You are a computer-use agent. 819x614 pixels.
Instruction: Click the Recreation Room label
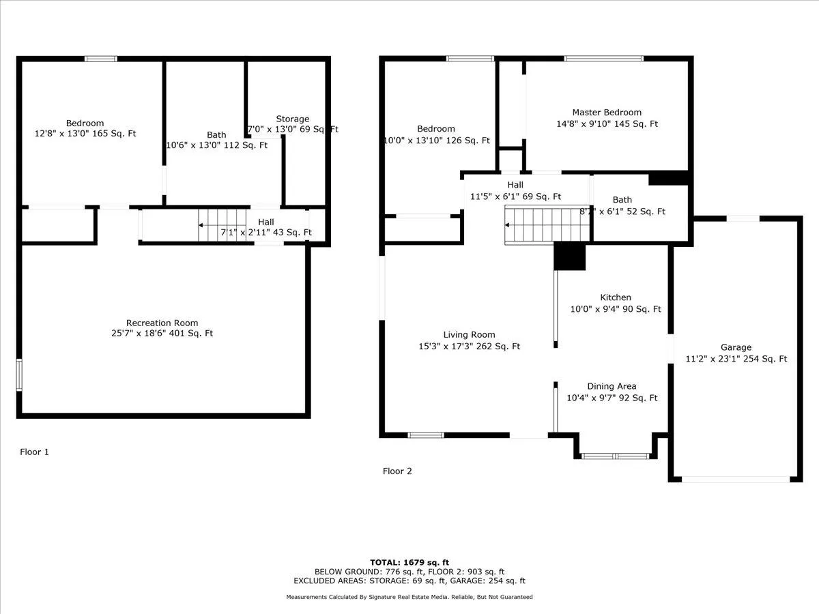[x=162, y=323]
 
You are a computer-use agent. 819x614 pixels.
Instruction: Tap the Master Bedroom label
[x=607, y=113]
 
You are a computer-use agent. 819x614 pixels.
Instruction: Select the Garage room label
[x=736, y=347]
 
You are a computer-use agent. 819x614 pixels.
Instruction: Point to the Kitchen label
[x=615, y=297]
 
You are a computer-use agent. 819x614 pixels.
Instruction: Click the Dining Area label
[x=612, y=386]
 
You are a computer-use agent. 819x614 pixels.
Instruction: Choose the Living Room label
[x=469, y=335]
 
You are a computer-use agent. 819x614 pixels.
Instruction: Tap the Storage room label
[x=292, y=119]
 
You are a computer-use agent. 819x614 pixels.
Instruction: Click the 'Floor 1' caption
[x=34, y=452]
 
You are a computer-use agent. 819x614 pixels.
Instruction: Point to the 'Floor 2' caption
[x=397, y=471]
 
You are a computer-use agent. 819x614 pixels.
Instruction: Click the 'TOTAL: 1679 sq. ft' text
[x=409, y=562]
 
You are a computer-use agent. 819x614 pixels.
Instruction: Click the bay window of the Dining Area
[x=616, y=456]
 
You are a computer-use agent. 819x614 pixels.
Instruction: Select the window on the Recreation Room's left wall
[x=19, y=375]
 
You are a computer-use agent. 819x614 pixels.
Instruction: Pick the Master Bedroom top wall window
[x=603, y=59]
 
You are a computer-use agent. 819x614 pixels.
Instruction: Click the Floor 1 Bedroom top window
[x=101, y=59]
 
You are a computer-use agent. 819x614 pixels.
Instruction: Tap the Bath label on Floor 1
[x=216, y=135]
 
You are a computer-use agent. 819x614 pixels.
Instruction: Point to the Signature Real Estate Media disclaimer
[x=409, y=597]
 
